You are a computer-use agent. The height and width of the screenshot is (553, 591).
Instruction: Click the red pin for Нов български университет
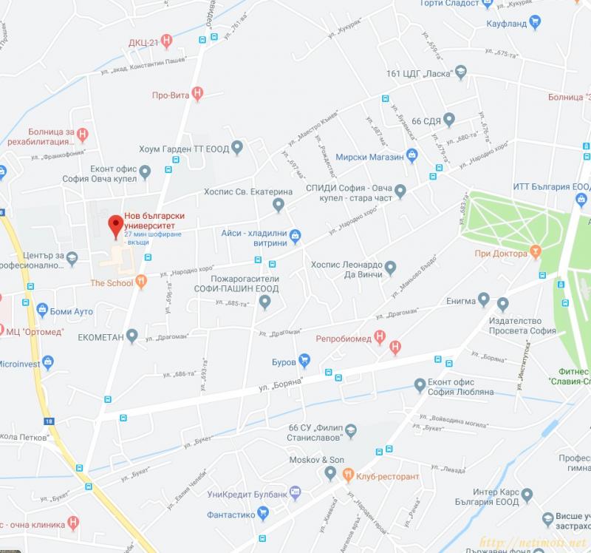coord(115,225)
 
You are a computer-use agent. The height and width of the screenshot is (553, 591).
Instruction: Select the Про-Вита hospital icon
coord(197,94)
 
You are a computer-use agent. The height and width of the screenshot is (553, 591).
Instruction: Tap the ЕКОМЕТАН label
coord(99,337)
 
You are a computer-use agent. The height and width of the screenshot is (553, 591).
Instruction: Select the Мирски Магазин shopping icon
coord(413,156)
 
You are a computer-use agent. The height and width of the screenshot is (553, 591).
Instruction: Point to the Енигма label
coord(462,301)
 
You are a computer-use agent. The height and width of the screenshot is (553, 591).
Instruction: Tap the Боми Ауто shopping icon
coord(42,311)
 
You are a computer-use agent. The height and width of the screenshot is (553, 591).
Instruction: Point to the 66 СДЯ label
coord(426,121)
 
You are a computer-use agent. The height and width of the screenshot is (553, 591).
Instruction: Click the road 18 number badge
coord(49,421)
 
